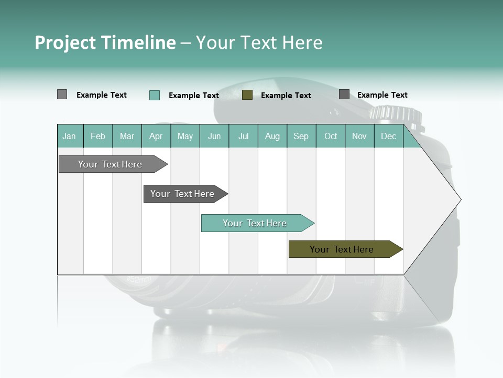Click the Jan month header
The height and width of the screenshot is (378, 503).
point(69,136)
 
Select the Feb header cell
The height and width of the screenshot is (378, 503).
point(98,136)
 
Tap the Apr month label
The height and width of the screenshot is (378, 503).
point(156,136)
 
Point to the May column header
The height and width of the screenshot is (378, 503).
point(185,136)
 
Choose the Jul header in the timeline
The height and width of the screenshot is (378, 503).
point(243,136)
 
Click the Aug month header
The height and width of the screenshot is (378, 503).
point(272,136)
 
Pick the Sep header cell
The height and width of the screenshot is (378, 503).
point(301,136)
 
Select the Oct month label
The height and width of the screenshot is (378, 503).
point(331,136)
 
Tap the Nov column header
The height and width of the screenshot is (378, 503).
point(359,136)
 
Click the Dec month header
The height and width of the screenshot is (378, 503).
point(388,136)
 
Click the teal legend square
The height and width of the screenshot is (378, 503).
point(154,95)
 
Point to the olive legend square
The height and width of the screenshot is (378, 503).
point(247,95)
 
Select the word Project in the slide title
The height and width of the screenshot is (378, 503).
point(65,43)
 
